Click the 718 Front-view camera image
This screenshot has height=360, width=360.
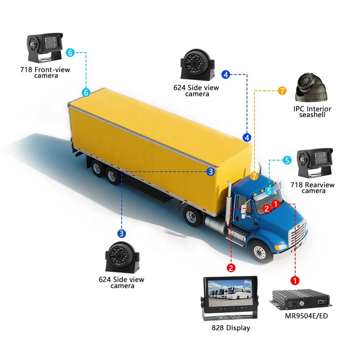(44, 48)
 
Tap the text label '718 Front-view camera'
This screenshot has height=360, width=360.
(45, 72)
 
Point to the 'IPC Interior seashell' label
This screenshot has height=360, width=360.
(312, 112)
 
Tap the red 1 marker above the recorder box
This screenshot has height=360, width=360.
(295, 280)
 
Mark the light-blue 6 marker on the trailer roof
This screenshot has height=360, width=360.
(86, 92)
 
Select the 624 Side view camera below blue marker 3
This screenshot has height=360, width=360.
(121, 259)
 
